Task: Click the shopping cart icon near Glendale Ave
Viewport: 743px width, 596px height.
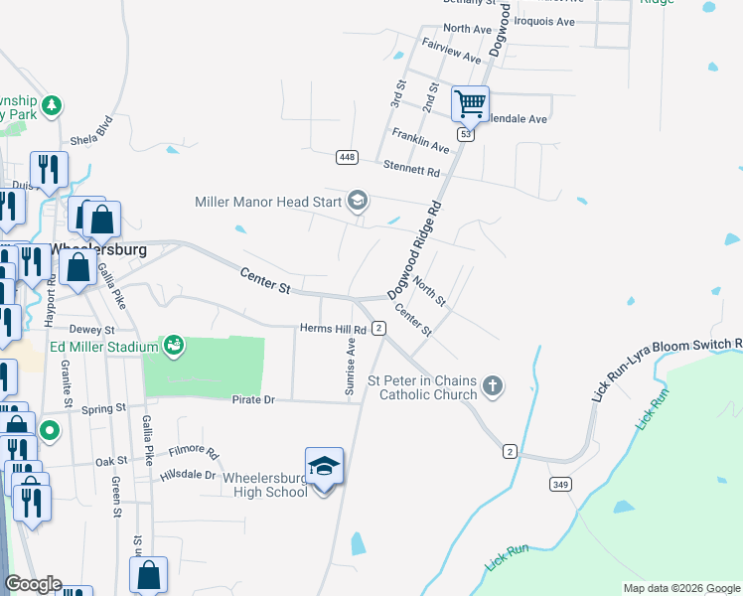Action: click(470, 102)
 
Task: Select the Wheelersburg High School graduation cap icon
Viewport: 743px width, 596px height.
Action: click(324, 466)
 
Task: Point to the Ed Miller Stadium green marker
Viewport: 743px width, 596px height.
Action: click(174, 346)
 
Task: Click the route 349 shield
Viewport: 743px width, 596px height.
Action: click(560, 484)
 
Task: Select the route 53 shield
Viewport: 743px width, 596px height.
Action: click(465, 133)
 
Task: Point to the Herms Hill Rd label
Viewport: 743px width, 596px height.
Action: click(333, 329)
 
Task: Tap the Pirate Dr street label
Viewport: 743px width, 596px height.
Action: click(253, 399)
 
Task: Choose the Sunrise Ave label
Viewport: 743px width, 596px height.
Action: click(350, 366)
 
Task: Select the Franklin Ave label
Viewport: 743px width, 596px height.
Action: click(420, 139)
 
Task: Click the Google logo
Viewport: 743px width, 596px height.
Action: click(33, 585)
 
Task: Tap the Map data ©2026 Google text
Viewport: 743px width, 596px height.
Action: click(680, 588)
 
